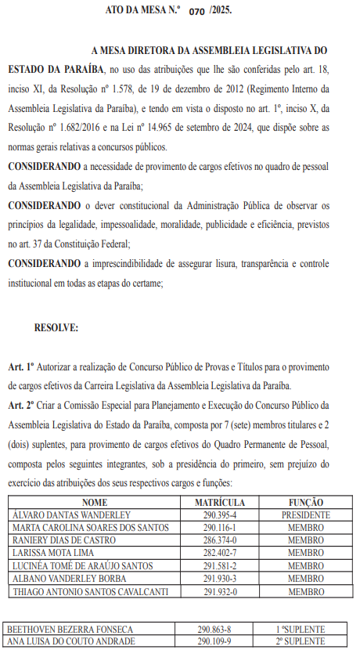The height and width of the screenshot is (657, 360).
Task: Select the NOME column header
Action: tap(94, 503)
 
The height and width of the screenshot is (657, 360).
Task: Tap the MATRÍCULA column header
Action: tap(220, 503)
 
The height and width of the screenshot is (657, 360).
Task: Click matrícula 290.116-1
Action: tap(220, 528)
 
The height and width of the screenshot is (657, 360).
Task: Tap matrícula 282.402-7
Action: tap(220, 553)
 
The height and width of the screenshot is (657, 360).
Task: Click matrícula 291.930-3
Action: tap(220, 578)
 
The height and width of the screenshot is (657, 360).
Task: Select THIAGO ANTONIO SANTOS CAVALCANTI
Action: tap(89, 591)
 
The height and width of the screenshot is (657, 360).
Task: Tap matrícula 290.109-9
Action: tap(220, 641)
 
